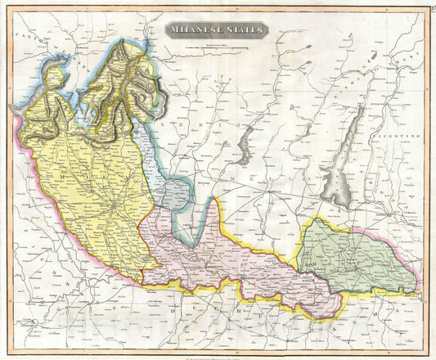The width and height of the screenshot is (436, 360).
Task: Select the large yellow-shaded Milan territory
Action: pyautogui.click(x=90, y=188)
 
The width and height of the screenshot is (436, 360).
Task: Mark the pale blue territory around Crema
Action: pyautogui.click(x=172, y=195)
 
